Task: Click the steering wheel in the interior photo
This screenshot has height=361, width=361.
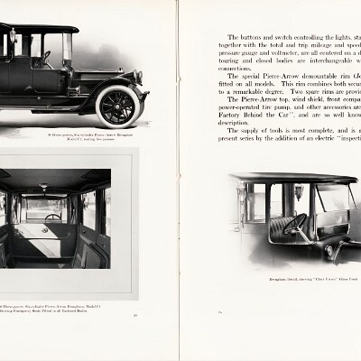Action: (x=53, y=218)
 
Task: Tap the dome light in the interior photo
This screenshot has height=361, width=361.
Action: (x=43, y=187)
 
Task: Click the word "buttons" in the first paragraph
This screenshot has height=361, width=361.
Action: (x=247, y=43)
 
